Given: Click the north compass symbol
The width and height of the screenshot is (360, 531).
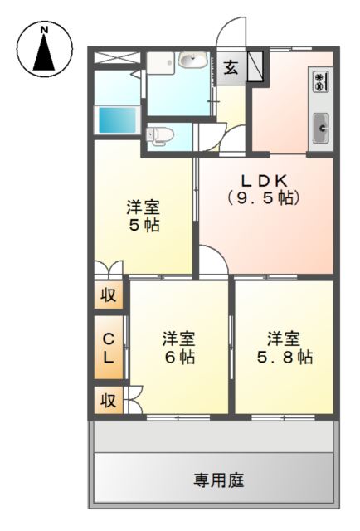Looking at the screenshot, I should click(x=44, y=49).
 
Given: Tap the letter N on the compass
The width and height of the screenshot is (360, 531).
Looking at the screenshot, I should click(x=44, y=31).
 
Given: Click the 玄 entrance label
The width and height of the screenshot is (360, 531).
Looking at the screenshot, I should click(x=230, y=68).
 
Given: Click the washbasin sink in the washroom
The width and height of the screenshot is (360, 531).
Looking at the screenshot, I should click(x=193, y=60).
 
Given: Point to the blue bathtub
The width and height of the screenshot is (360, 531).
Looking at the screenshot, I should click(x=116, y=119).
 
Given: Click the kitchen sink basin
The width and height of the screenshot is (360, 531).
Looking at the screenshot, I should click(x=320, y=128).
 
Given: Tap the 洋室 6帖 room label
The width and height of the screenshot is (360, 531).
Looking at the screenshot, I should click(x=178, y=348).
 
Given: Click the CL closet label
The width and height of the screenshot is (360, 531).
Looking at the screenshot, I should click(x=108, y=348).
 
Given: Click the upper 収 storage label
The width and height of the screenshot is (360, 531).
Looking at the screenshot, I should click(x=108, y=295).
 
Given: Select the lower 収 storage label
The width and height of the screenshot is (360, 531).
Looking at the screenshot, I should click(x=108, y=400).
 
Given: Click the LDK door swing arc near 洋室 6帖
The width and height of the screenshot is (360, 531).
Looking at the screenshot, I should click(x=212, y=264).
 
